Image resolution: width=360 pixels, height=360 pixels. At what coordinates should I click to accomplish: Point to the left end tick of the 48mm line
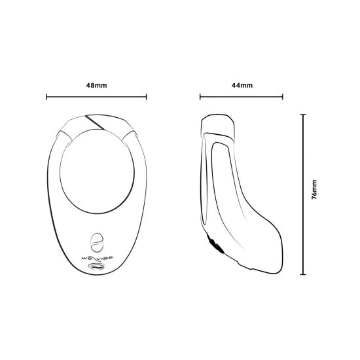[46, 98]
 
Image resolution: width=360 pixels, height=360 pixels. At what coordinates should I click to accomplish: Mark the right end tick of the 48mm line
[147, 98]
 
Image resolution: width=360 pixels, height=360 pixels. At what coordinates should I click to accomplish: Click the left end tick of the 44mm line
[200, 98]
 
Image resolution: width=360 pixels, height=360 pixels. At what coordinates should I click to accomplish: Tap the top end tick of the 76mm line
[302, 114]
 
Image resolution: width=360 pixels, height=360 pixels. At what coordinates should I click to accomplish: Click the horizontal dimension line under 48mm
[96, 98]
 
